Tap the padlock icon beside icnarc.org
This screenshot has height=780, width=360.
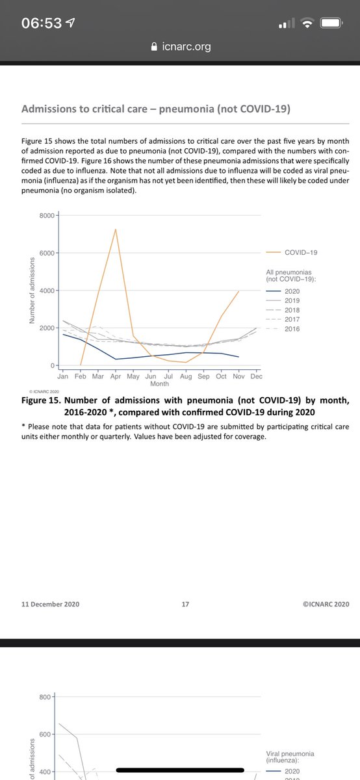point(154,47)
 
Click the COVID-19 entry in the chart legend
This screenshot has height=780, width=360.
point(301,252)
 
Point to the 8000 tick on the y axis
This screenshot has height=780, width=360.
point(46,215)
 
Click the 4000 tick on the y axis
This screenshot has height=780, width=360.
point(46,291)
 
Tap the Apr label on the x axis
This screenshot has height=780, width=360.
point(116,376)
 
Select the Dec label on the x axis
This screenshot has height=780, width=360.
point(256,376)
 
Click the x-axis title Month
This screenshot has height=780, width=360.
point(159,384)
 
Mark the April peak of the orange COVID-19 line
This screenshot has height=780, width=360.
point(116,229)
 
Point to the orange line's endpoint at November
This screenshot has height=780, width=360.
point(238,291)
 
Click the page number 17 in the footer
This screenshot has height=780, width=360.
point(185,604)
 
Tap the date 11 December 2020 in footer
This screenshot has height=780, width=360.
point(51,604)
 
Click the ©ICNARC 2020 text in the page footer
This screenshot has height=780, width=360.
point(326,604)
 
